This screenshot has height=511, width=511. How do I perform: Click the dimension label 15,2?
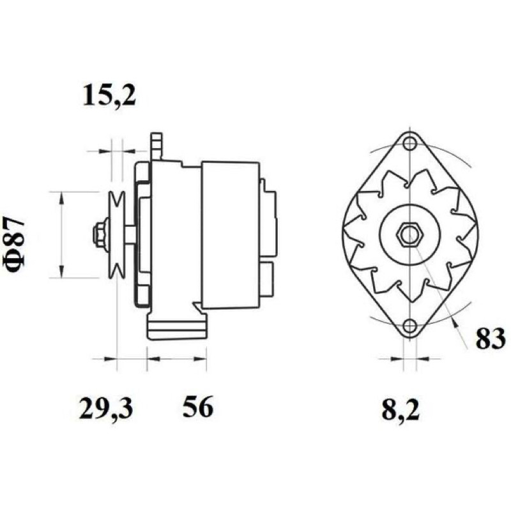tap(109, 95)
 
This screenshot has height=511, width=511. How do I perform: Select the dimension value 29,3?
tap(106, 408)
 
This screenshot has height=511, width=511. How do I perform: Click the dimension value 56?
tap(197, 407)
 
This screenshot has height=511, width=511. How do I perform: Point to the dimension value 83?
tap(491, 339)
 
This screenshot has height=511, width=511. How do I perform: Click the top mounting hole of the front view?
tap(409, 142)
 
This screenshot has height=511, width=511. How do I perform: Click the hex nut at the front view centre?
tap(409, 234)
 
